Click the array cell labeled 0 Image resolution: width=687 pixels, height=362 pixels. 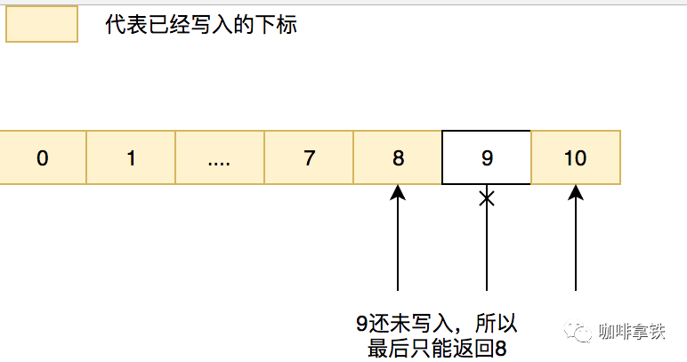[x=43, y=158]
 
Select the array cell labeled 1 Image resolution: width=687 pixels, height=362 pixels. [x=131, y=158]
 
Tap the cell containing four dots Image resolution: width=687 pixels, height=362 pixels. [x=220, y=158]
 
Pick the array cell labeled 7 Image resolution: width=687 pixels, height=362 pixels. [x=309, y=158]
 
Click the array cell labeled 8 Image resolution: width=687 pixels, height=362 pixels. [x=398, y=158]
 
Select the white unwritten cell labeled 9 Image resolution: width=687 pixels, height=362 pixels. [x=487, y=158]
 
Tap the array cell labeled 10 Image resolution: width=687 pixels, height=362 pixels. [x=575, y=158]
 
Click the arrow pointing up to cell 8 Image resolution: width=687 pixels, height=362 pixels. [x=398, y=240]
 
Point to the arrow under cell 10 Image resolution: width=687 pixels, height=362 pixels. [x=576, y=240]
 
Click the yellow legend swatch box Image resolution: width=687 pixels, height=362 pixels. [x=42, y=25]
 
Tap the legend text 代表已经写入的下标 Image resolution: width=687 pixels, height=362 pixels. [x=200, y=25]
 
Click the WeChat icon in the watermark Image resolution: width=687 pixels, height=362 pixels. [x=578, y=333]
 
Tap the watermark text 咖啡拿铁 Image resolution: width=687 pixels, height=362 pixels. [x=632, y=333]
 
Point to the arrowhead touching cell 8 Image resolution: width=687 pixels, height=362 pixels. [x=398, y=192]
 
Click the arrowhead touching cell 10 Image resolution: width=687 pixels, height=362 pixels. [x=576, y=192]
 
